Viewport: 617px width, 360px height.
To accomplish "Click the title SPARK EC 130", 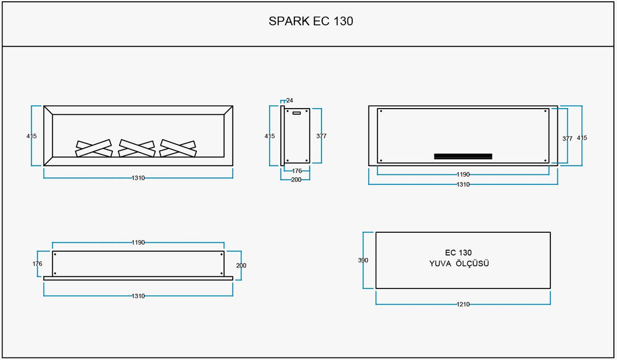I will (311, 21).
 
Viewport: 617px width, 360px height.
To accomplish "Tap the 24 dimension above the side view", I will (289, 100).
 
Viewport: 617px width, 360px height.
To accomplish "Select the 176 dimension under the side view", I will (296, 171).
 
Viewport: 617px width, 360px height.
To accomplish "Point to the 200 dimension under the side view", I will (296, 179).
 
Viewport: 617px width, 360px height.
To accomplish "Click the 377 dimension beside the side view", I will (321, 136).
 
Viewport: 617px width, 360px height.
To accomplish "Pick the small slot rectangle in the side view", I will (296, 113).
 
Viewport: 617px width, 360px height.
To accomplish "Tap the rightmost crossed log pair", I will (178, 148).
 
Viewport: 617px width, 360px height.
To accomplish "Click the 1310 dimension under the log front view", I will (138, 178).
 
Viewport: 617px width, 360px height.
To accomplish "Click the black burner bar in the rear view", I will (463, 156).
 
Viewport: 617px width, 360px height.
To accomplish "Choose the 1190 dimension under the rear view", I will (463, 175).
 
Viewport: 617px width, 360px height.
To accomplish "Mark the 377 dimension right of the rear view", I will (567, 139).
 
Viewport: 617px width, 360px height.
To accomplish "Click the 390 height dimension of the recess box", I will (363, 261).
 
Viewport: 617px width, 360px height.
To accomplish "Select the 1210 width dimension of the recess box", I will (463, 304).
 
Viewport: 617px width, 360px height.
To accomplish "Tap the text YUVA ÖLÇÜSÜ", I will (459, 264).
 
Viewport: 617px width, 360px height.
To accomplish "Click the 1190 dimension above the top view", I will (138, 243).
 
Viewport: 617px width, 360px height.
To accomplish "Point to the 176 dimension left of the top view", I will (37, 264).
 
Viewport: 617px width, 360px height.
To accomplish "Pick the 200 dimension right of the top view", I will (241, 265).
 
